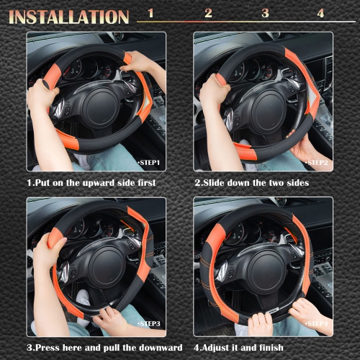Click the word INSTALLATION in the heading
[x=69, y=16]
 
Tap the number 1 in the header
[x=150, y=13]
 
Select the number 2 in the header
[x=208, y=13]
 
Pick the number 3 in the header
[x=265, y=13]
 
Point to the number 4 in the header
[x=320, y=13]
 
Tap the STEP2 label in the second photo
[x=316, y=163]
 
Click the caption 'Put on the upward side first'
[x=91, y=183]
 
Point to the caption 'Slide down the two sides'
[x=251, y=183]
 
